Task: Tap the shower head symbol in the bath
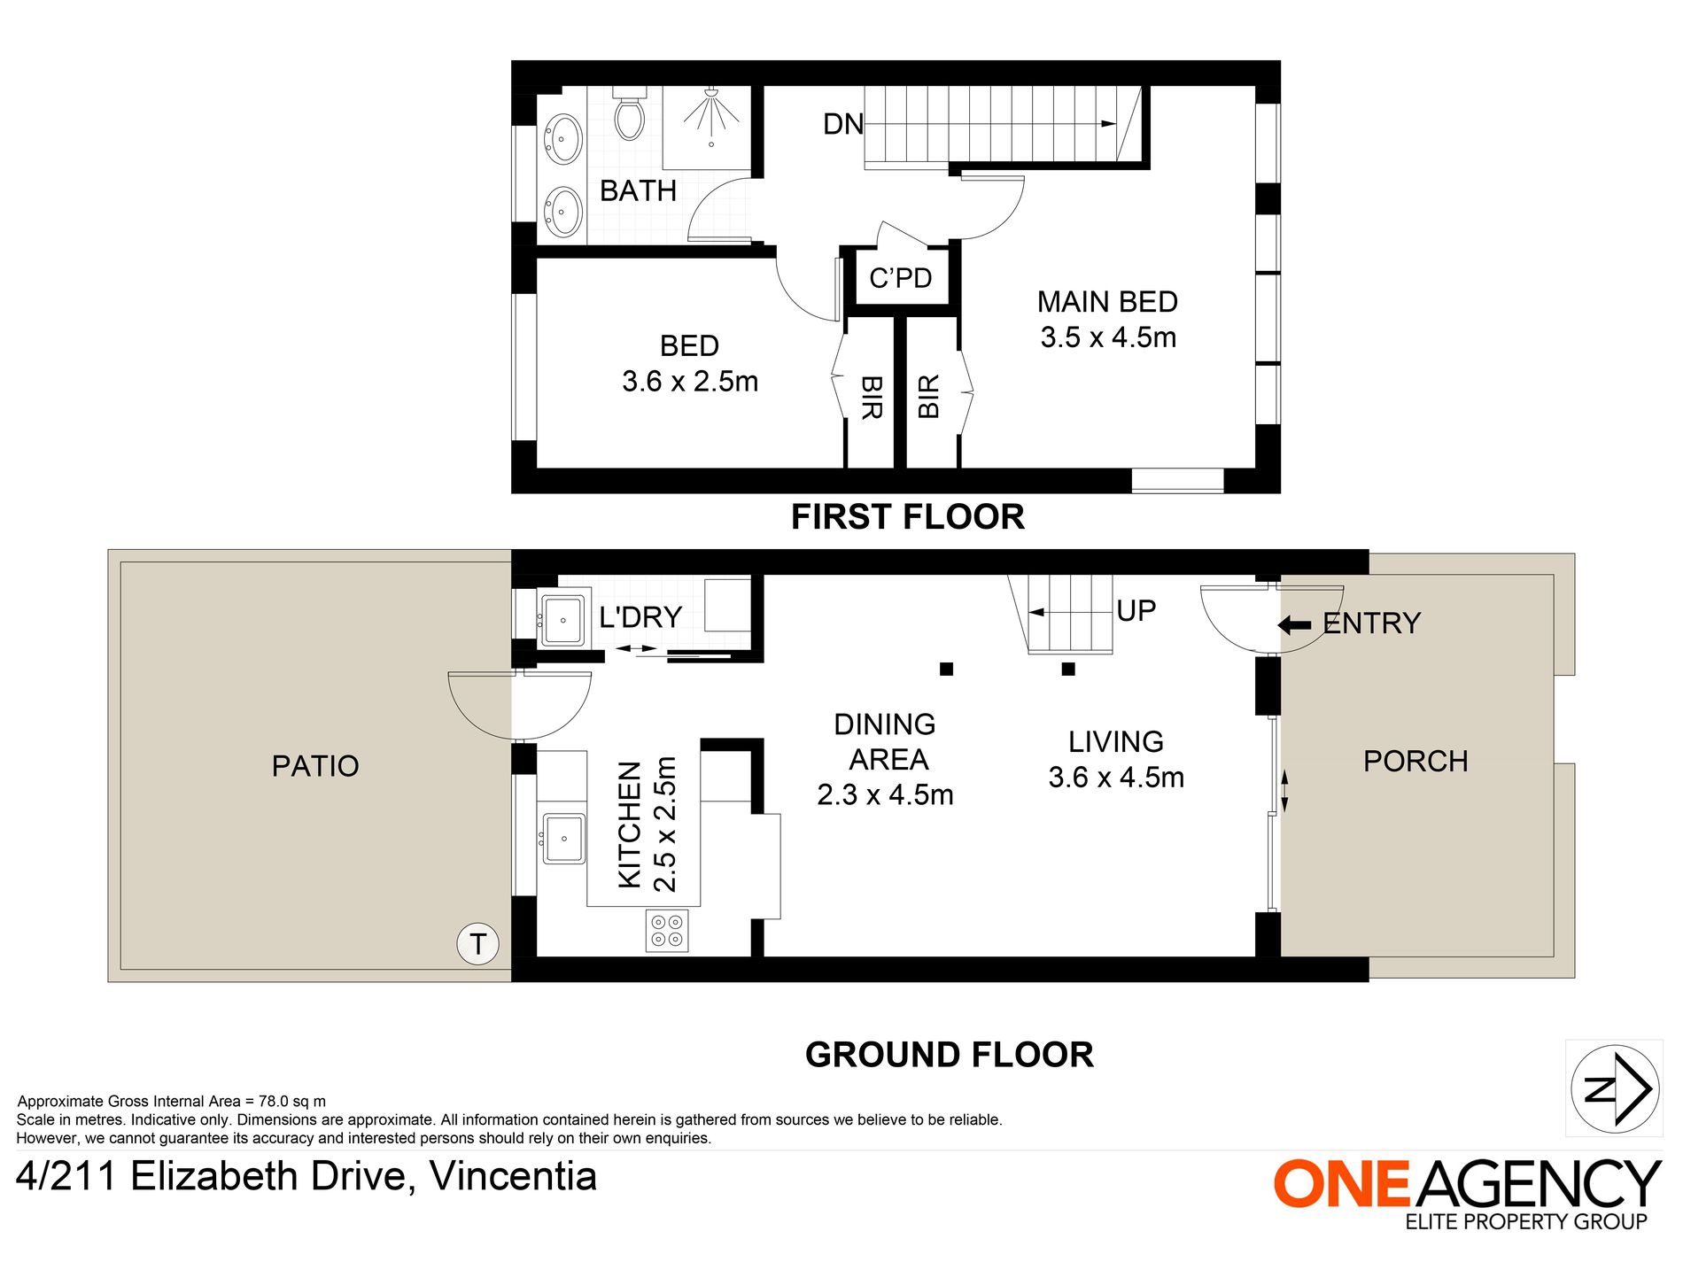tap(710, 116)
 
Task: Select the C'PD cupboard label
tap(900, 278)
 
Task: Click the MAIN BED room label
tap(1107, 302)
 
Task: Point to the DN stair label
tap(843, 124)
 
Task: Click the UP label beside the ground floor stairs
tap(1136, 611)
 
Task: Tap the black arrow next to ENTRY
tap(1294, 625)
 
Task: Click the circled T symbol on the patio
tap(478, 944)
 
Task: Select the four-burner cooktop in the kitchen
tap(667, 931)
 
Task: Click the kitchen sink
tap(563, 838)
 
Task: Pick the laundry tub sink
tap(562, 620)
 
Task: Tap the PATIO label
tap(315, 766)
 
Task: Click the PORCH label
tap(1415, 762)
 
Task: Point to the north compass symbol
tap(1615, 1088)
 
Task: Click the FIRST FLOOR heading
tap(908, 517)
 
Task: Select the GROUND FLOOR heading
tap(950, 1056)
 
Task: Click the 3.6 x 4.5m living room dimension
tap(1116, 778)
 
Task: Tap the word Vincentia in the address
tap(513, 1177)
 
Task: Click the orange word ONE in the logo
tap(1342, 1183)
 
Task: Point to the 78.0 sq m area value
tap(292, 1102)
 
